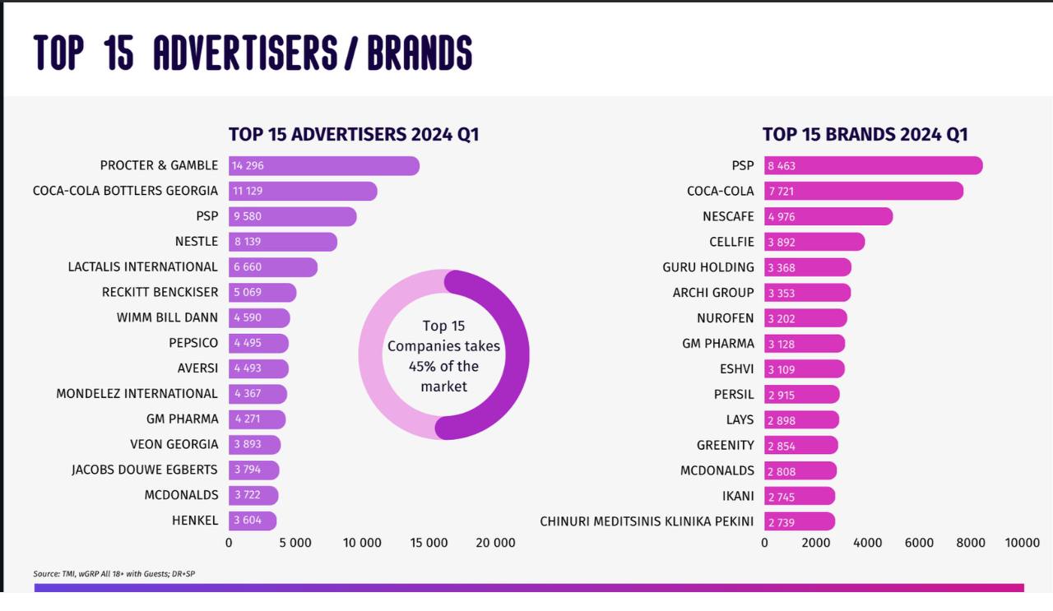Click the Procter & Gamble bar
(324, 165)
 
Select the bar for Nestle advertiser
(283, 242)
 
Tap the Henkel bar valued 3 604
(253, 521)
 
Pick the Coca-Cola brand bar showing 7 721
(864, 191)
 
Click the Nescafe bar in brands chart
(828, 216)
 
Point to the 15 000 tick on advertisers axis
(429, 543)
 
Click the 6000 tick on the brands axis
(919, 543)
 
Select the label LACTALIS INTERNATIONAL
(143, 267)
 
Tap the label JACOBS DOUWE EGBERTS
(145, 470)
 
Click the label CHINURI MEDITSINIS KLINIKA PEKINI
(647, 521)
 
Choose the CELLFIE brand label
(731, 242)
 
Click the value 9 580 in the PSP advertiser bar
(248, 216)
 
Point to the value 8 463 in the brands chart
(782, 166)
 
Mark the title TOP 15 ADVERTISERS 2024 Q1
(354, 135)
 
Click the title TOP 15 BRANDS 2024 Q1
(865, 135)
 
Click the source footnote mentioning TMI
(114, 574)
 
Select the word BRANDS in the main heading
(420, 53)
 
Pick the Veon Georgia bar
(254, 445)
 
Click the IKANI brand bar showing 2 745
(800, 496)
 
